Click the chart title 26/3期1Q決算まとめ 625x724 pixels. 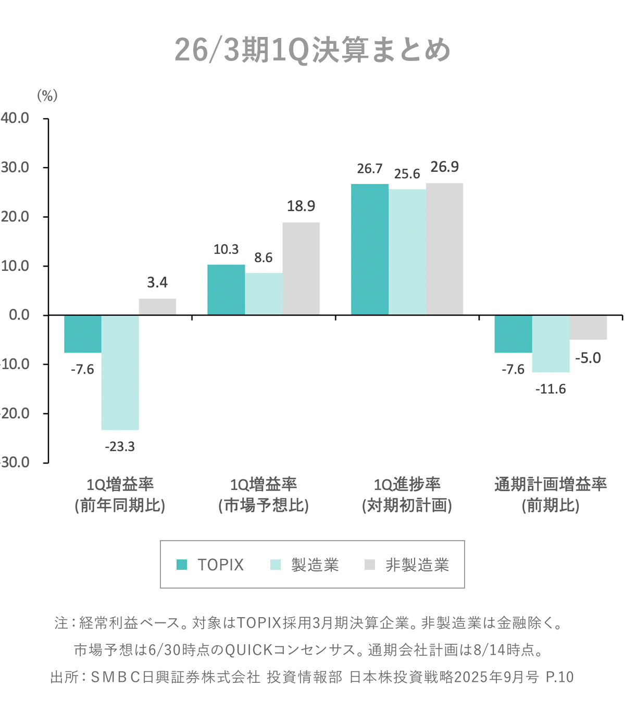coord(312,51)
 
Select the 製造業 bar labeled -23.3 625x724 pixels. coord(120,372)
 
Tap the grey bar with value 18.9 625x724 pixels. coord(301,268)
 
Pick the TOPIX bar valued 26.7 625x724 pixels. coord(370,249)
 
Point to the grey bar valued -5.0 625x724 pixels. coord(588,327)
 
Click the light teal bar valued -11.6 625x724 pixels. coord(551,343)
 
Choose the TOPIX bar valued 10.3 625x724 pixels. coord(226,290)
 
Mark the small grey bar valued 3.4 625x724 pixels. coord(157,307)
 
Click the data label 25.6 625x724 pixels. coord(407,174)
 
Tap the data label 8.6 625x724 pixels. coord(264,258)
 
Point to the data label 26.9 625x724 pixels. coord(444,167)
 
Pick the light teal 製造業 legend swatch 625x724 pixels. coord(276,565)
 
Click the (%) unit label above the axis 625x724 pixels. coord(47,95)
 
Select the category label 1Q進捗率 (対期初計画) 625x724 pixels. coord(407,495)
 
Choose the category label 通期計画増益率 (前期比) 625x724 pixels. coord(551,495)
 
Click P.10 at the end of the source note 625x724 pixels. coord(559,677)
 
